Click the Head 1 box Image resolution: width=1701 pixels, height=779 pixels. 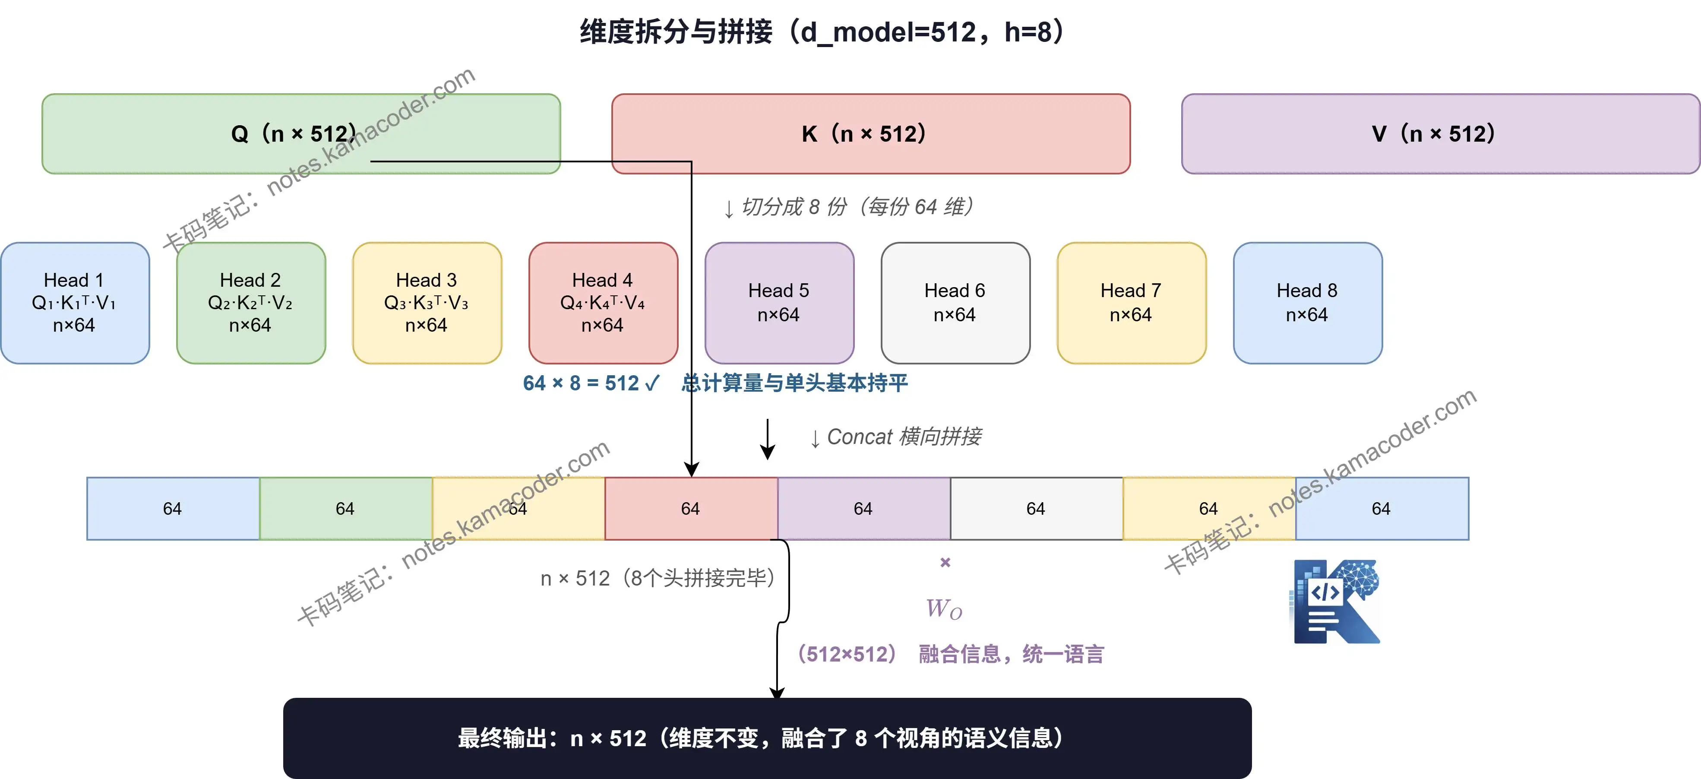pyautogui.click(x=75, y=303)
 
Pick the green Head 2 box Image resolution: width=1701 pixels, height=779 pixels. pyautogui.click(x=251, y=303)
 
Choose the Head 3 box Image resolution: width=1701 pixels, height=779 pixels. pyautogui.click(x=427, y=303)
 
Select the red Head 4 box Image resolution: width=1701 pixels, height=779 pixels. pyautogui.click(x=603, y=303)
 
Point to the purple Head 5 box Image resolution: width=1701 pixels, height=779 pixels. pyautogui.click(x=779, y=303)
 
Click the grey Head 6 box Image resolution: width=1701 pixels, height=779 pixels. pyautogui.click(x=955, y=303)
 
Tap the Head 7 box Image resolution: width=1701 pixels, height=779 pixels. pyautogui.click(x=1131, y=303)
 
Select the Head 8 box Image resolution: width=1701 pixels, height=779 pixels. pyautogui.click(x=1307, y=303)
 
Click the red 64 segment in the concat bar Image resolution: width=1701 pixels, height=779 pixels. pyautogui.click(x=691, y=509)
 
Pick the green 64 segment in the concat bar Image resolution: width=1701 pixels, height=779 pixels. pyautogui.click(x=345, y=509)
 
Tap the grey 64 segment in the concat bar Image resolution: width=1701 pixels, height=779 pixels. pyautogui.click(x=1036, y=509)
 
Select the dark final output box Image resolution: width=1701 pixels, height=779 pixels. pyautogui.click(x=767, y=738)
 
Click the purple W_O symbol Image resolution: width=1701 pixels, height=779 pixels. pyautogui.click(x=944, y=608)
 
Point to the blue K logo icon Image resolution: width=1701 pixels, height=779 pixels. pyautogui.click(x=1336, y=601)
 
